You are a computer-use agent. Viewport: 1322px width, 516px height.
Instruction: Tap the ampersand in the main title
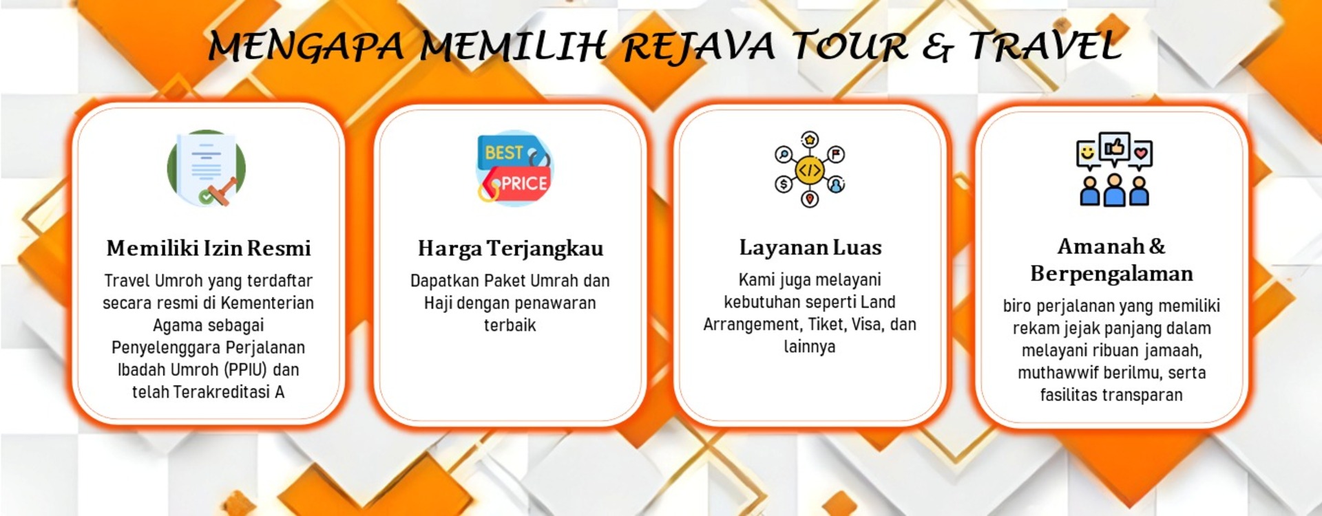tap(938, 47)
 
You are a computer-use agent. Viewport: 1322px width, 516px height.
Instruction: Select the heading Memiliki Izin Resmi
tap(209, 248)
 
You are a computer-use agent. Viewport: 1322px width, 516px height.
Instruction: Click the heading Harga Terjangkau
tap(510, 248)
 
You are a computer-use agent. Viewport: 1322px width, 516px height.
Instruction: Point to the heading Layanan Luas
tap(810, 247)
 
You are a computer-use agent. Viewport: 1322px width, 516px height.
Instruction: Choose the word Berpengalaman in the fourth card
tap(1111, 274)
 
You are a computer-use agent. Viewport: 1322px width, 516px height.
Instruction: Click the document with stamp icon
tap(207, 169)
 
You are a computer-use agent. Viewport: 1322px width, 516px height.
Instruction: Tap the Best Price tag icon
tap(514, 169)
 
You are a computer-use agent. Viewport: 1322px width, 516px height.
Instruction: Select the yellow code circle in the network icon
tap(810, 169)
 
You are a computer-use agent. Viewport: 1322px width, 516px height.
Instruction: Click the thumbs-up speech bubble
tap(1114, 147)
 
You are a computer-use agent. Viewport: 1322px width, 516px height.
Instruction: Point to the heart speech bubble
tap(1141, 153)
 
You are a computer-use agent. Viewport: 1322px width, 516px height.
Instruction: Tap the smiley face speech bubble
tap(1087, 153)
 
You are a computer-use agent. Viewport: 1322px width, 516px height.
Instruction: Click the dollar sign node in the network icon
tap(784, 184)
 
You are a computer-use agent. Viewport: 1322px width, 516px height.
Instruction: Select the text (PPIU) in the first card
tap(246, 370)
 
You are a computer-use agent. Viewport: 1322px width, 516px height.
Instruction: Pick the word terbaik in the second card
tap(510, 325)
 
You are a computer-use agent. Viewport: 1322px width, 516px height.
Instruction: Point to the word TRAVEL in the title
tap(1045, 47)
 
